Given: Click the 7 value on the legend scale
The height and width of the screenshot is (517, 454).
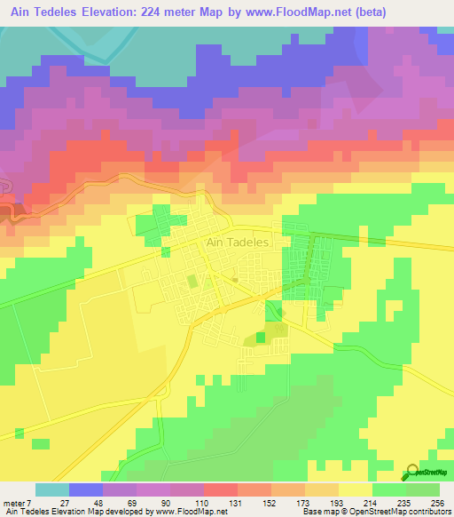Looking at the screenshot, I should (27, 503).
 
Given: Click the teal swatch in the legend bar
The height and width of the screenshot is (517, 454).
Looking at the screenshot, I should (51, 489).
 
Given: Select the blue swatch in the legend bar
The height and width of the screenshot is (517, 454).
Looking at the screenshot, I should (85, 489).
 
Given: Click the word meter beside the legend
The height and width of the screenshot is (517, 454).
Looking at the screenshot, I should (13, 503).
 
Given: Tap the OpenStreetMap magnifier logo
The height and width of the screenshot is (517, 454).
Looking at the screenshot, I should (413, 473).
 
